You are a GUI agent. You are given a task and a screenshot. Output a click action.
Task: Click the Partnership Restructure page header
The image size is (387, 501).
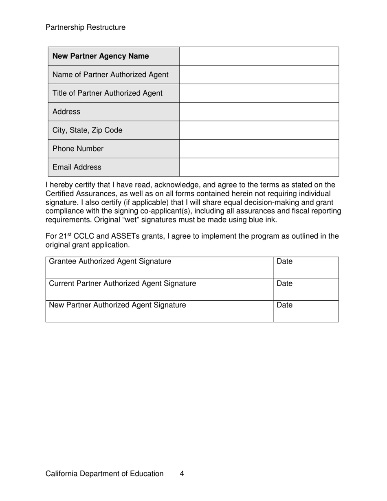tap(86, 27)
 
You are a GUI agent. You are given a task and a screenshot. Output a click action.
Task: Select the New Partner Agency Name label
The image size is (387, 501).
tap(101, 56)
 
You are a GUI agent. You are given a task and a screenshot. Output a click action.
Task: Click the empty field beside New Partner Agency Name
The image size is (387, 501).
tap(259, 56)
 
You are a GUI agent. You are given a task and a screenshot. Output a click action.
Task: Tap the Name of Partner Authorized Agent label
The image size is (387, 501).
tap(110, 75)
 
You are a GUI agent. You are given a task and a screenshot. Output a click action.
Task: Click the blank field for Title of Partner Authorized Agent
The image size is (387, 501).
tap(259, 93)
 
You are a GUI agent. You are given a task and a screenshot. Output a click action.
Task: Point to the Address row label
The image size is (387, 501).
tap(66, 112)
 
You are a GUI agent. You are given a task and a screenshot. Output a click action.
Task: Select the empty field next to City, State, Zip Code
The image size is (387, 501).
tap(259, 130)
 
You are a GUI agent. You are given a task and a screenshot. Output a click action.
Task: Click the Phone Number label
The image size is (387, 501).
tap(78, 149)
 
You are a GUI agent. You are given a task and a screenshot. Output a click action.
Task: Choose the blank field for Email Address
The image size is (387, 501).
tap(259, 167)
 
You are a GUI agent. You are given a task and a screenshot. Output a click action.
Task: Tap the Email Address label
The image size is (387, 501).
tap(77, 167)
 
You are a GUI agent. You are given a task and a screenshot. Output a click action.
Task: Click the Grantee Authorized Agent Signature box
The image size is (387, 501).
tap(159, 268)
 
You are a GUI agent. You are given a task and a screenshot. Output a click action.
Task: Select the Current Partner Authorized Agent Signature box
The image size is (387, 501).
tap(159, 290)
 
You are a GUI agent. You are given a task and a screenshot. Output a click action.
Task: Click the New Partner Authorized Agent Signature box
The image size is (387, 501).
tap(159, 311)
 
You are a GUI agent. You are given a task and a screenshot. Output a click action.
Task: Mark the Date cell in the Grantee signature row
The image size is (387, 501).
tap(306, 268)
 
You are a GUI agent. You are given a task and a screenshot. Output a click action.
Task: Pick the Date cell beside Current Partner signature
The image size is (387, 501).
tap(306, 290)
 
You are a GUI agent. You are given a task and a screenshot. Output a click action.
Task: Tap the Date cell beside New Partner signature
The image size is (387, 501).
tap(306, 311)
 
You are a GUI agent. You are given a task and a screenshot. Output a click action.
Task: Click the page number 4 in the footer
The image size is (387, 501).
tap(182, 473)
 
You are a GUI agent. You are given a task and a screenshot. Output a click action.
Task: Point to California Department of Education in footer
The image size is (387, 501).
tap(105, 473)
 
